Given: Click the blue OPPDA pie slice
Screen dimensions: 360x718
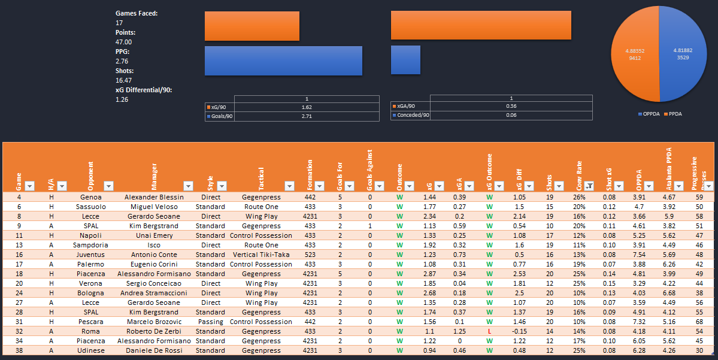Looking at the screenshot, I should [x=683, y=60].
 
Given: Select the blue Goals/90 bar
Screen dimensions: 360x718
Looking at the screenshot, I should [x=283, y=60].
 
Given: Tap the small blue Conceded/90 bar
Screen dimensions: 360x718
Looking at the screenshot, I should [x=405, y=60].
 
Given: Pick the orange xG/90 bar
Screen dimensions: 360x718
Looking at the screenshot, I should [x=252, y=26].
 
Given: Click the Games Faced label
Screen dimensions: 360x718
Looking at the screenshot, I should [x=137, y=13].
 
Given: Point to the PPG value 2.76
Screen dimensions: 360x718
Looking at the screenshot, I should [x=123, y=61].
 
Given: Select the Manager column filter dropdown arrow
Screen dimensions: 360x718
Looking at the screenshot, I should [x=187, y=186].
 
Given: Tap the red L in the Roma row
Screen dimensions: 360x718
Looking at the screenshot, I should [x=489, y=331].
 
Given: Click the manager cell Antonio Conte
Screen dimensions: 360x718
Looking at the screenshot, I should [x=153, y=255].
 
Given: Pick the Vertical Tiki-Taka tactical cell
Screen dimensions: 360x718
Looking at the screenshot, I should [x=261, y=255].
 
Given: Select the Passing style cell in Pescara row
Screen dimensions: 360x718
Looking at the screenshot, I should [x=210, y=322].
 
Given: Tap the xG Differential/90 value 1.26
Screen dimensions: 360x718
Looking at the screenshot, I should [x=123, y=99].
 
